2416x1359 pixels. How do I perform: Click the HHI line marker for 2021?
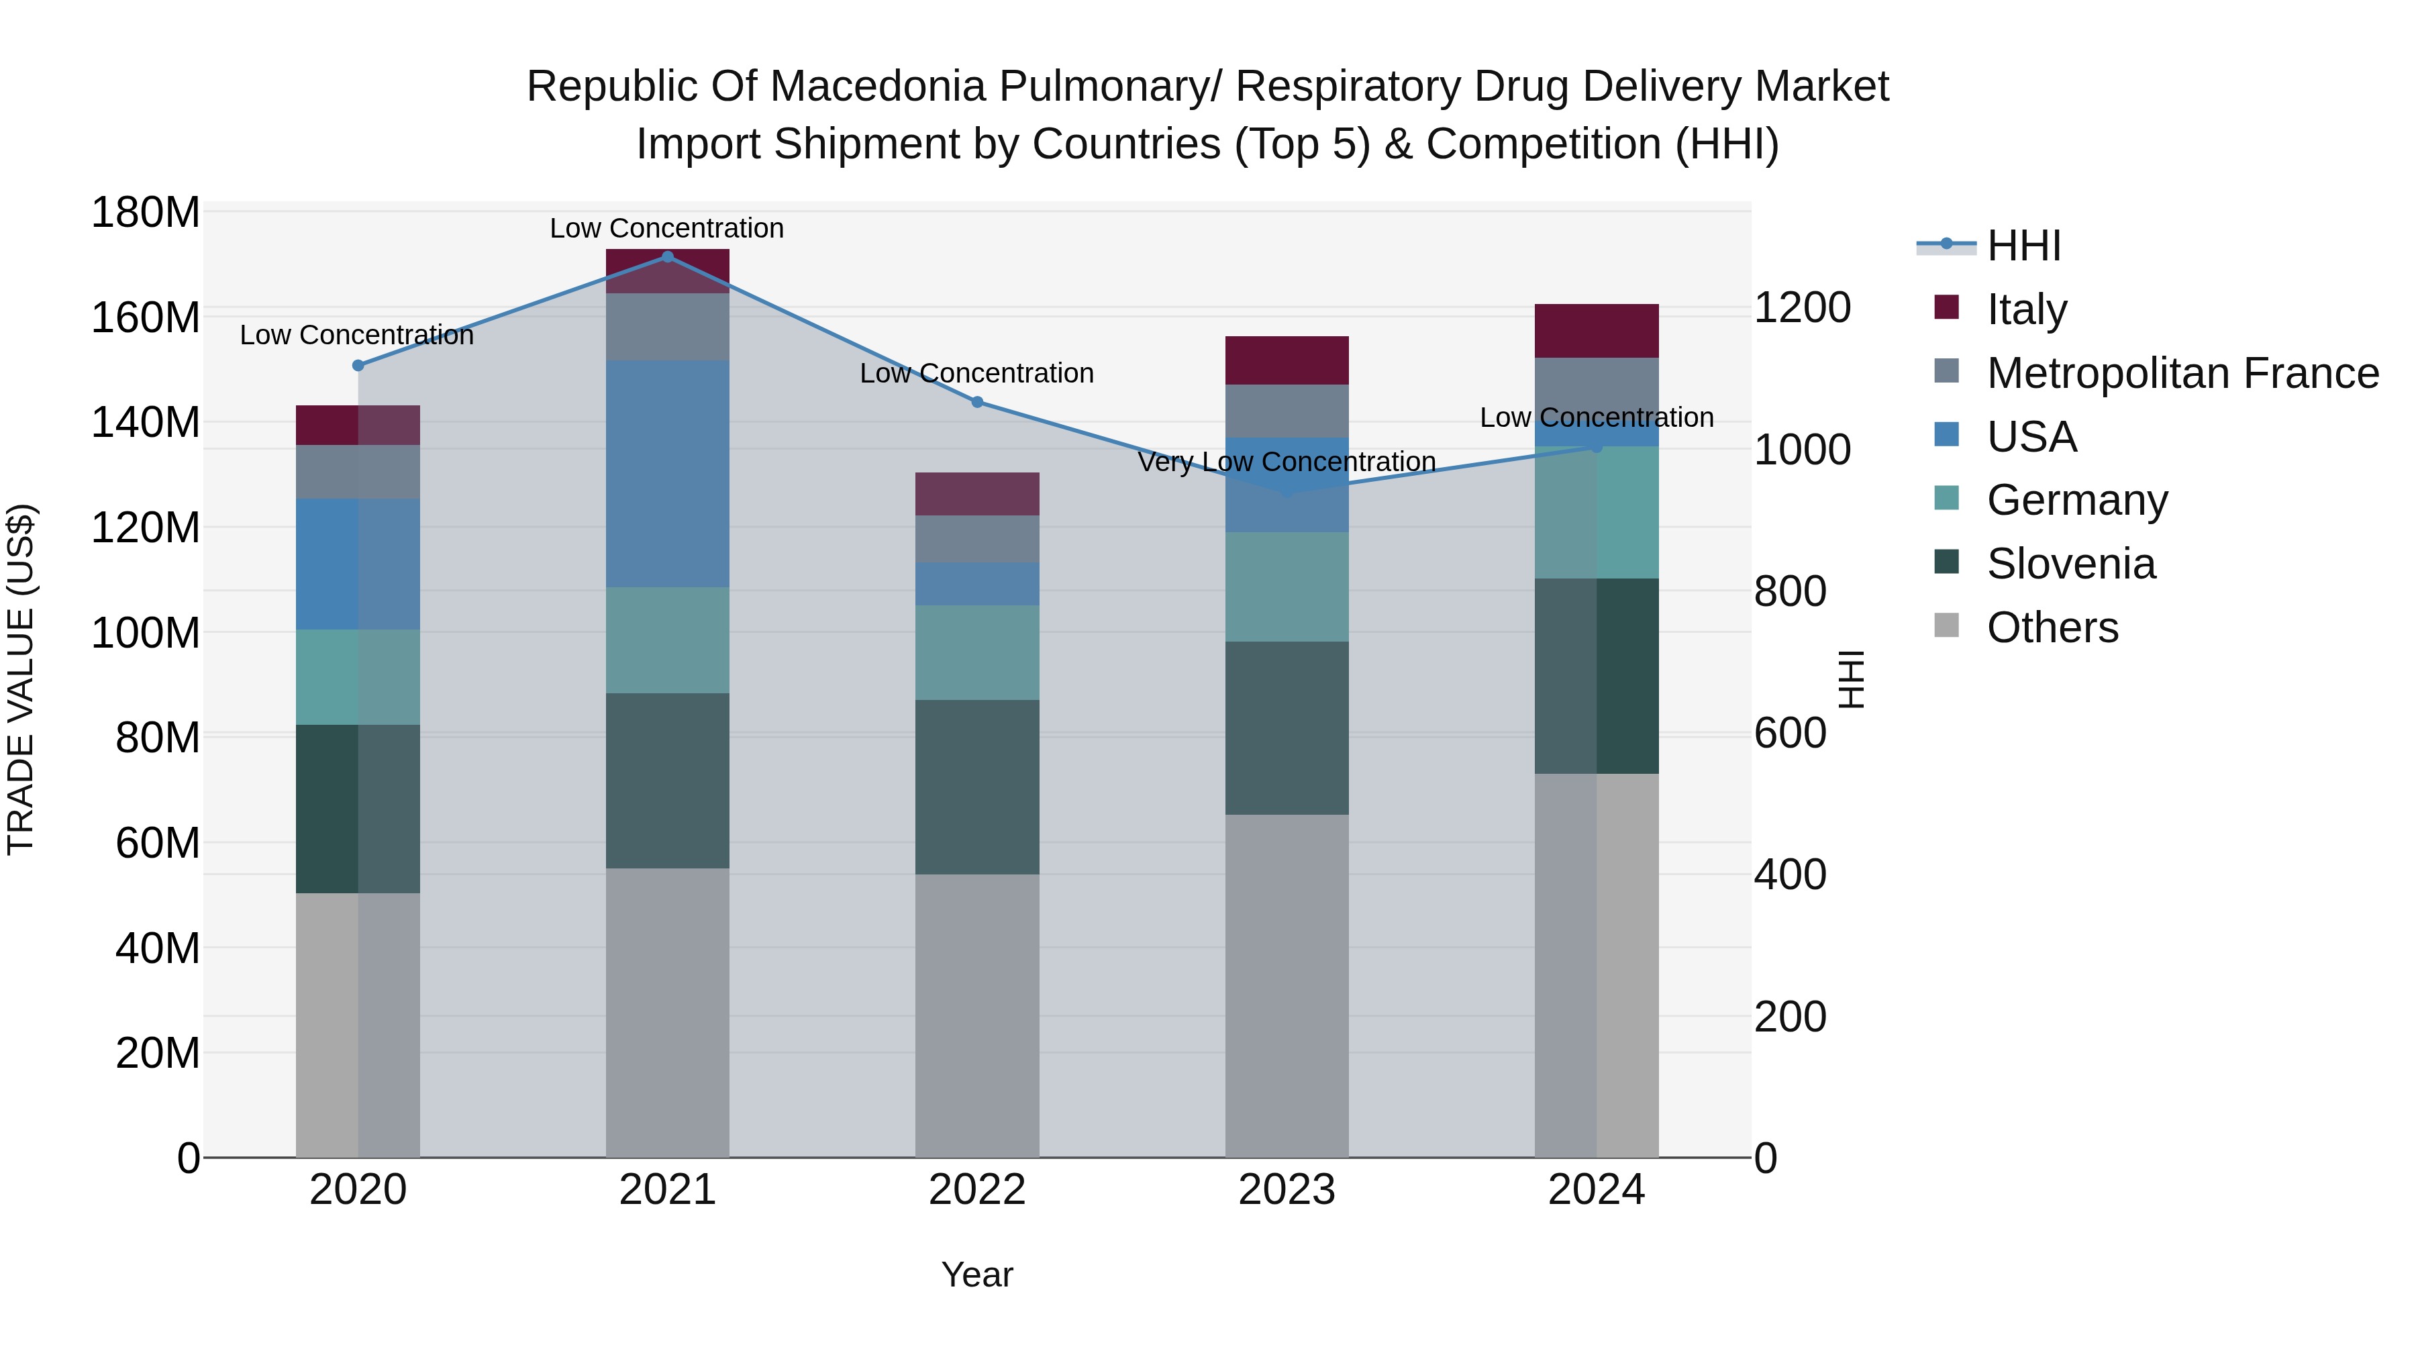(x=667, y=257)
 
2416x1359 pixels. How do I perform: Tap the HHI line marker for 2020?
(x=357, y=365)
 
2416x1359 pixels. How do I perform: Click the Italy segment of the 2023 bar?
(x=1286, y=360)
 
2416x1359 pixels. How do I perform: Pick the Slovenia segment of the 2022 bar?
(x=976, y=787)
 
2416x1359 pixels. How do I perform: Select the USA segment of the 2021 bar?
(x=667, y=474)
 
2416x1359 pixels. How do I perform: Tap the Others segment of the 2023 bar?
(x=1286, y=985)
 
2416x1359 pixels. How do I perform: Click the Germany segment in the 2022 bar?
(x=976, y=652)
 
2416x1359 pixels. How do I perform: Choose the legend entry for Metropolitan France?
(x=2182, y=373)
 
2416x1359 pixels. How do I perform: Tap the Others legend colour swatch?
(x=1946, y=625)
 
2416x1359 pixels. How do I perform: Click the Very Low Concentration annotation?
(x=1286, y=462)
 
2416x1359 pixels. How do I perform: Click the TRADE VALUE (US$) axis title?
(x=21, y=679)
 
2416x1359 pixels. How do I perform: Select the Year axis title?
(x=976, y=1274)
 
